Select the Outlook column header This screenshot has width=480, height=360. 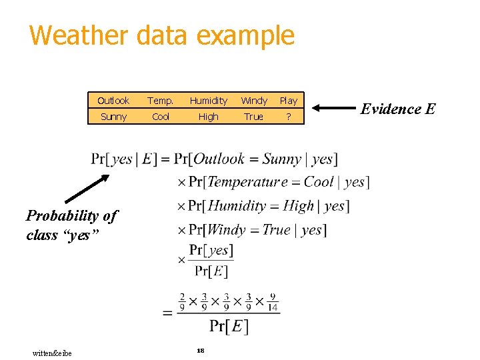click(113, 101)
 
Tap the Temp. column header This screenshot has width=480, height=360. click(161, 101)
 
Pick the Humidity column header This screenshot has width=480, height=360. click(209, 101)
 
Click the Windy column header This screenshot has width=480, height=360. click(254, 101)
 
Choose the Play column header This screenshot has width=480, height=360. click(289, 101)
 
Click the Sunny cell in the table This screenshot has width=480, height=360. click(113, 117)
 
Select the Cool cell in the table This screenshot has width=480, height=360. click(161, 117)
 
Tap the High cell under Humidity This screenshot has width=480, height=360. click(209, 117)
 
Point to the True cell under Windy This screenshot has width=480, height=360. click(254, 117)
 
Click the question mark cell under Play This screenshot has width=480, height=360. click(289, 117)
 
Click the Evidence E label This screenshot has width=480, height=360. click(398, 109)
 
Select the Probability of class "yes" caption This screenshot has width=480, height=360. click(71, 225)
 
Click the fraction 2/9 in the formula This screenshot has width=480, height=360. click(182, 303)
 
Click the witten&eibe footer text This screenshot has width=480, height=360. click(52, 353)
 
